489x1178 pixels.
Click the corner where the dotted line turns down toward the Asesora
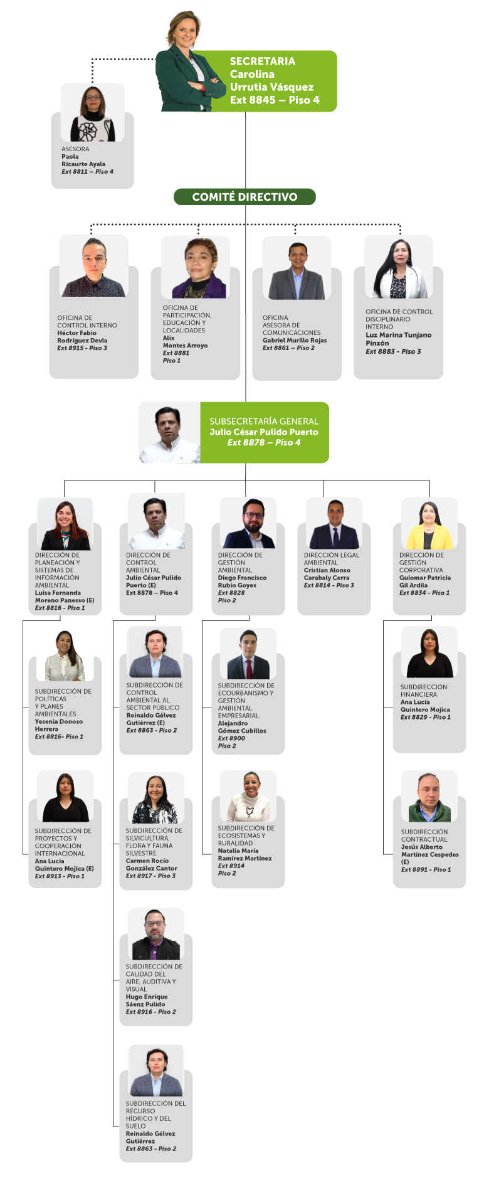[x=93, y=60]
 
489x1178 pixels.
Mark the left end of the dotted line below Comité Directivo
[x=92, y=225]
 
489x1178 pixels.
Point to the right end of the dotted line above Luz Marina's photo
[x=400, y=225]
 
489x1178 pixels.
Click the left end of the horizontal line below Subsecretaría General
[x=64, y=481]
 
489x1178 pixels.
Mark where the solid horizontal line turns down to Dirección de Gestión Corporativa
[x=429, y=481]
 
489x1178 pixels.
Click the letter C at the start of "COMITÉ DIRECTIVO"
[x=196, y=197]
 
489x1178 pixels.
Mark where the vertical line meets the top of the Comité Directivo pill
[x=245, y=189]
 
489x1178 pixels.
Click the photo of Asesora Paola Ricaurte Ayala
[x=93, y=113]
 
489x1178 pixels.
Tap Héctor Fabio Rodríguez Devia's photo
[x=94, y=266]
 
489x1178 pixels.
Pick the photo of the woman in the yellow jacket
[x=429, y=524]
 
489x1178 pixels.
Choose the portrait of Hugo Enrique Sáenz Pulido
[x=156, y=934]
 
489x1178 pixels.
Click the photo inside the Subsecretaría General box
[x=169, y=433]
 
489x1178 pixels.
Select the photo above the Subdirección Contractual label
[x=429, y=797]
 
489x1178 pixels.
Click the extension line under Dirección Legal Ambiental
[x=329, y=585]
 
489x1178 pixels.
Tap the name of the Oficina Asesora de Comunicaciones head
[x=295, y=340]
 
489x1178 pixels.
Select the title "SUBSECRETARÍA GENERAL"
[x=264, y=422]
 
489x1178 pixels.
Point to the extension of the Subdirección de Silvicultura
[x=151, y=876]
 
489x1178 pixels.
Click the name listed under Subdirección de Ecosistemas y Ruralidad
[x=245, y=854]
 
